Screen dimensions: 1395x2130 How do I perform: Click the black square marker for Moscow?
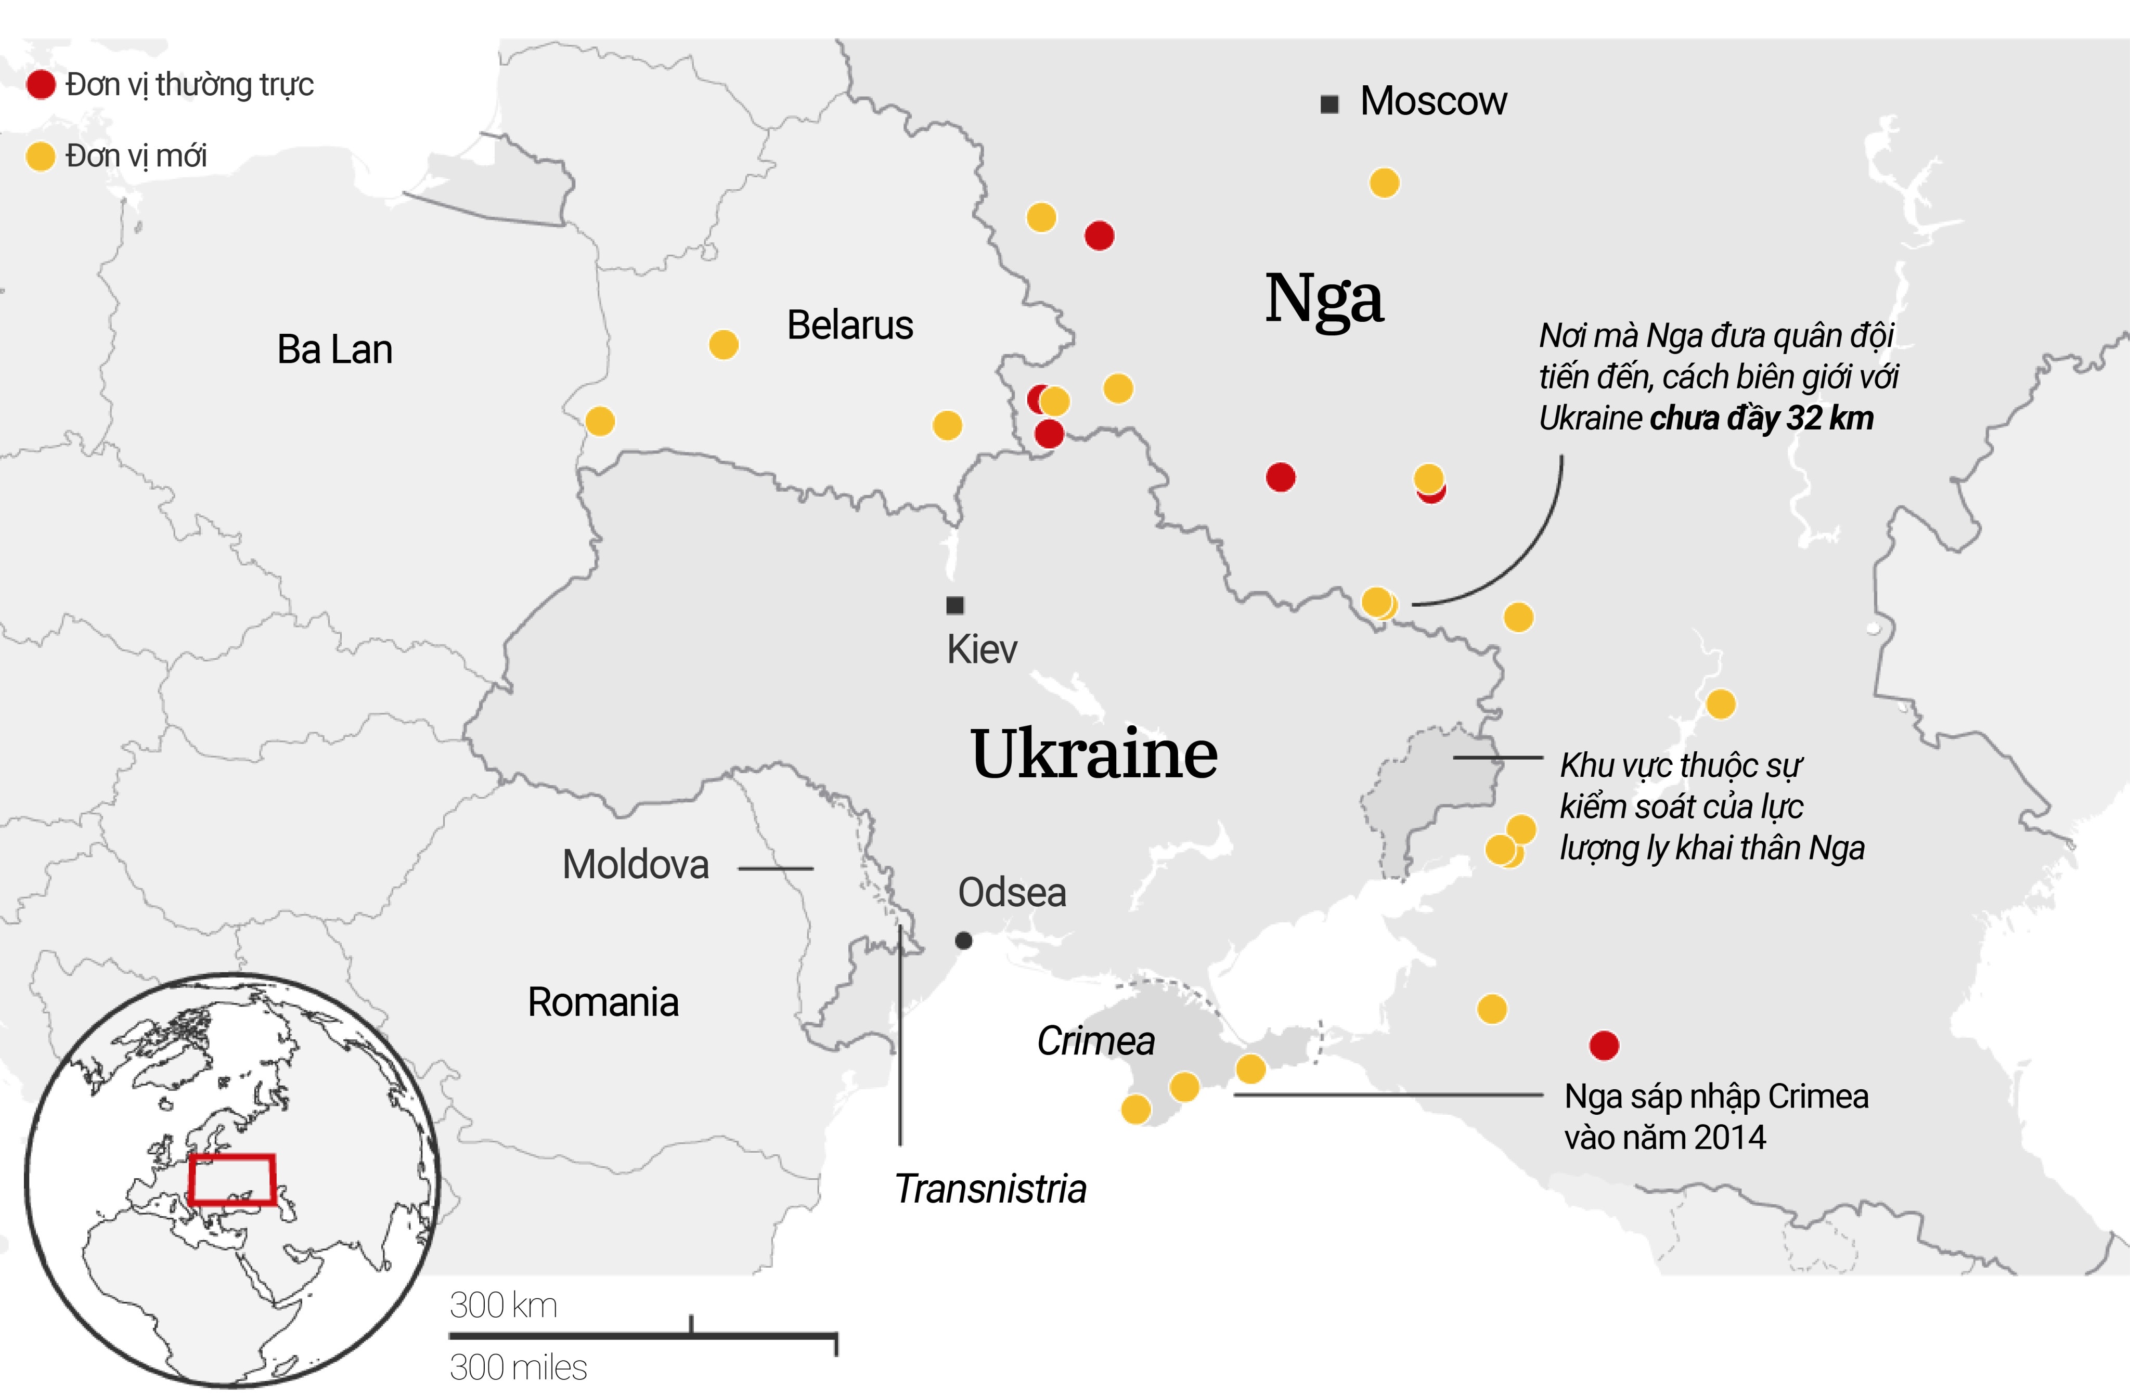tap(1330, 104)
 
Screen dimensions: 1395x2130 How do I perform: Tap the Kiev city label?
tap(982, 649)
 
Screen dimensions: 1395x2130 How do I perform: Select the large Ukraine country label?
tap(1094, 754)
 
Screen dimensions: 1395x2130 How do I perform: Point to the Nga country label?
tap(1324, 299)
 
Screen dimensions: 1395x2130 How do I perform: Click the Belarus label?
tap(849, 325)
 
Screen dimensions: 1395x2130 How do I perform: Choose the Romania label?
tap(602, 1002)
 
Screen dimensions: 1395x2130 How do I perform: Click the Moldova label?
tap(636, 864)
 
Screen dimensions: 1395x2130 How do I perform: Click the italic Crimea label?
tap(1095, 1040)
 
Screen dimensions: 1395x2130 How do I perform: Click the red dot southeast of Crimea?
tap(1604, 1044)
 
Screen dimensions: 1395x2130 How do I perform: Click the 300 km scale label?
tap(503, 1306)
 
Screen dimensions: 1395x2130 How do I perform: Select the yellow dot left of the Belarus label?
tap(723, 345)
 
